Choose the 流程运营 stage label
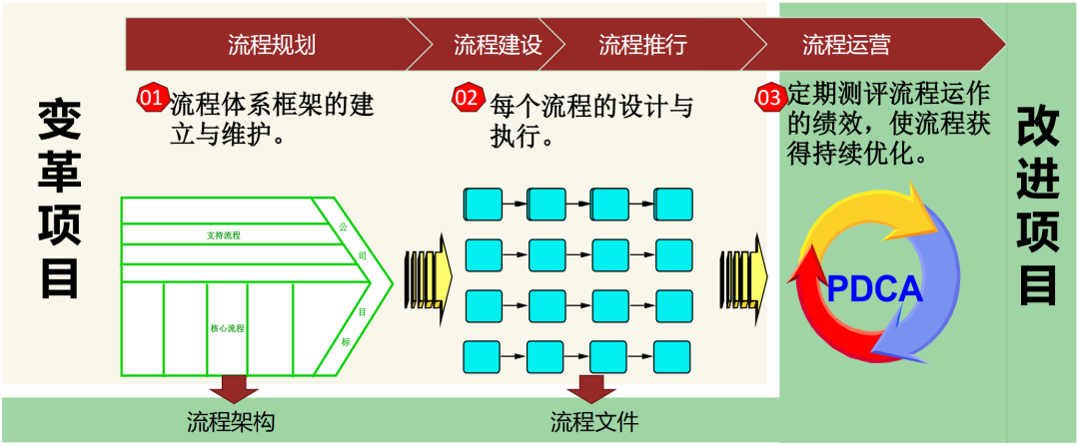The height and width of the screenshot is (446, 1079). pos(846,45)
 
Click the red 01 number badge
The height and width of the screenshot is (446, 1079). pos(151,97)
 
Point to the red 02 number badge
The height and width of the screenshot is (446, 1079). pos(467,97)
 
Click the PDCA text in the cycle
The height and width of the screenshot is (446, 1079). pos(874,288)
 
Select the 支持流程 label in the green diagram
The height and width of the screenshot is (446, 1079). pos(224,235)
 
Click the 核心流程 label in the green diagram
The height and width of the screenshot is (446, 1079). pos(228,327)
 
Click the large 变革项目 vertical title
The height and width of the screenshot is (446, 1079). pos(61,200)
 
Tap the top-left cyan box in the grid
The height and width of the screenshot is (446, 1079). pos(484,204)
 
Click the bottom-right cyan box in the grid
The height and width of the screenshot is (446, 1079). pos(673,356)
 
